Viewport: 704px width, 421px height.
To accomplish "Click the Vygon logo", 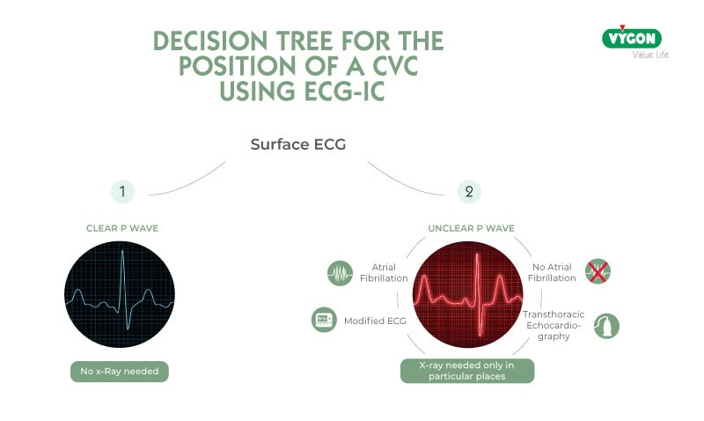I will click(631, 38).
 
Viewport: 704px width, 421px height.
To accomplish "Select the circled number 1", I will click(122, 191).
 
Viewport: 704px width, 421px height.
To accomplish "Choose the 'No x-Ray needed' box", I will click(120, 372).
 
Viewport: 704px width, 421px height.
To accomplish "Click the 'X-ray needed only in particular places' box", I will click(467, 371).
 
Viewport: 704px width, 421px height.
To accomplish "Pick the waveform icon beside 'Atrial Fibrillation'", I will click(339, 274).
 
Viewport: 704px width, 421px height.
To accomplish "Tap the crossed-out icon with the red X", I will click(598, 272).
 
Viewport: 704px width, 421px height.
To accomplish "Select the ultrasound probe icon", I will click(606, 326).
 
